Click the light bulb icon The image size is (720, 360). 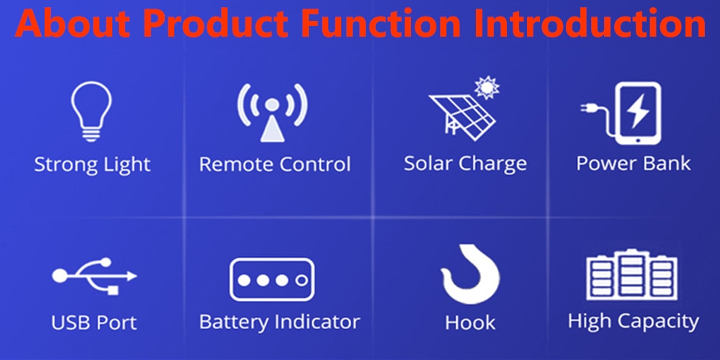pos(91,111)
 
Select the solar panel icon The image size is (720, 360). pos(462,117)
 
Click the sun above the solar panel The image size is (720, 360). pos(487,87)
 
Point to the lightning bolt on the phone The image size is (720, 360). pos(637,111)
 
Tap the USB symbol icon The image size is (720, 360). pos(94,276)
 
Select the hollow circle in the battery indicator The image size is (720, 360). pos(301,280)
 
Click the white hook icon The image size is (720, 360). pos(471,275)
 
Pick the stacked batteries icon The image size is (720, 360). pos(631,274)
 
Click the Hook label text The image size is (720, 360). pos(470,323)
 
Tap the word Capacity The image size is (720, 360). pos(659,322)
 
